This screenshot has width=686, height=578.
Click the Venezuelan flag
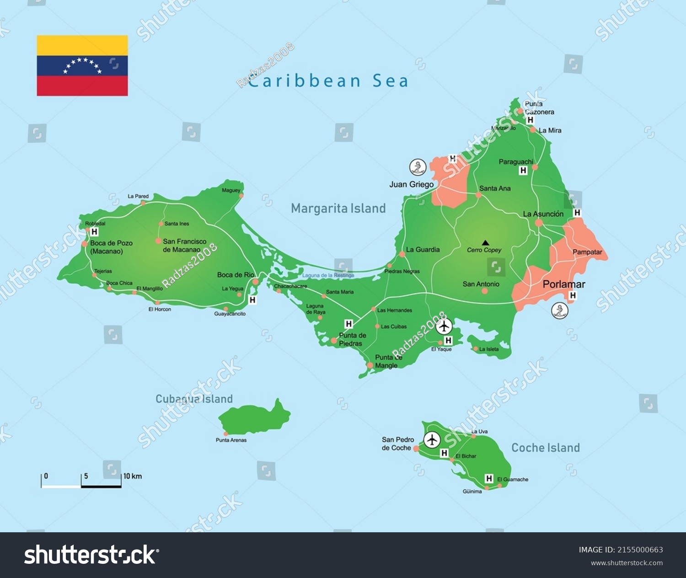pyautogui.click(x=82, y=65)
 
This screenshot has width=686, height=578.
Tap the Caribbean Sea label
pyautogui.click(x=327, y=81)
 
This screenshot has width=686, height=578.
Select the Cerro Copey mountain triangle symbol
pyautogui.click(x=485, y=243)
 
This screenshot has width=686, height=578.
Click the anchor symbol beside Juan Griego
pyautogui.click(x=418, y=167)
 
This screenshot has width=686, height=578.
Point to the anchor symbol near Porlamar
pyautogui.click(x=559, y=311)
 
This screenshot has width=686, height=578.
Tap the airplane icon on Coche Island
pyautogui.click(x=432, y=440)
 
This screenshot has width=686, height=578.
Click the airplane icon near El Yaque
pyautogui.click(x=444, y=326)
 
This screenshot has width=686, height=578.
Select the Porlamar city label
pyautogui.click(x=563, y=284)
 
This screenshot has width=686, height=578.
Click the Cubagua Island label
pyautogui.click(x=194, y=399)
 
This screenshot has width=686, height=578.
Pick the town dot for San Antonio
pyautogui.click(x=485, y=291)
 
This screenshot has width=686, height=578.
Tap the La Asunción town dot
pyautogui.click(x=539, y=223)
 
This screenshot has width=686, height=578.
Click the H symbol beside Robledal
pyautogui.click(x=94, y=232)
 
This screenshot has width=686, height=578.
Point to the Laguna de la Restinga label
pyautogui.click(x=328, y=275)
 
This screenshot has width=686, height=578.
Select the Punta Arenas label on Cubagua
pyautogui.click(x=231, y=440)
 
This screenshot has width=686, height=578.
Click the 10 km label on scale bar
pyautogui.click(x=133, y=476)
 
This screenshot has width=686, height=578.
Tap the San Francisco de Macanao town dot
pyautogui.click(x=158, y=241)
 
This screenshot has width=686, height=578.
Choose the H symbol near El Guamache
pyautogui.click(x=489, y=478)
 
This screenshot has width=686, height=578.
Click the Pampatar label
pyautogui.click(x=587, y=252)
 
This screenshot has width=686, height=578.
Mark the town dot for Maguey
pyautogui.click(x=241, y=196)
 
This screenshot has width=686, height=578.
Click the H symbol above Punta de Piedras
pyautogui.click(x=348, y=324)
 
